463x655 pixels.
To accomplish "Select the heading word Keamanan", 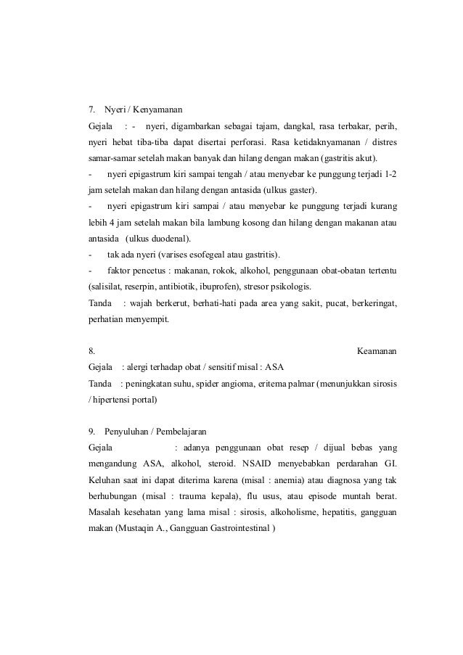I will pos(378,352).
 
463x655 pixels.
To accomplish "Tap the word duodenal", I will pos(168,239).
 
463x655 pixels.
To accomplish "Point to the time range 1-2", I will pos(389,175).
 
